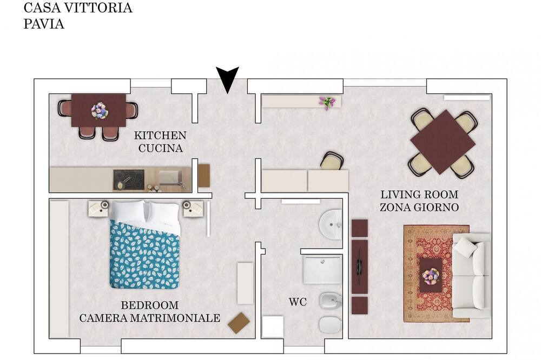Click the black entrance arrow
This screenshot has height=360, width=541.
[x=227, y=78]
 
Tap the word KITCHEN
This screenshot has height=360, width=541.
[x=160, y=135]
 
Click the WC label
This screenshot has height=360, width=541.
[x=298, y=302]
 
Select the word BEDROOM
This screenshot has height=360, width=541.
[x=150, y=305]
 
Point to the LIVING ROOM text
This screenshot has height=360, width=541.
[x=419, y=195]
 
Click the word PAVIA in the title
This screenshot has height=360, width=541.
[x=44, y=24]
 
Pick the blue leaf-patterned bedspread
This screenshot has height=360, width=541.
[x=144, y=255]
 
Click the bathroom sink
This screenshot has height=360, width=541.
[x=331, y=224]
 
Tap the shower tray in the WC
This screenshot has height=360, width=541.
[x=322, y=269]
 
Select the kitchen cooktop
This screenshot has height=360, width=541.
[x=129, y=179]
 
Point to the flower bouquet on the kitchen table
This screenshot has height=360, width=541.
[x=100, y=111]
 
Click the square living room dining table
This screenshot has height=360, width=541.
[x=443, y=142]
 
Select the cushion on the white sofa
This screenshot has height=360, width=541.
[x=466, y=247]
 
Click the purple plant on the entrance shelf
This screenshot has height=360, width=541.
[x=327, y=102]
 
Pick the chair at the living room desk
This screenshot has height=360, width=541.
[x=332, y=161]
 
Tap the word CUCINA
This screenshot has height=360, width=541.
[x=161, y=148]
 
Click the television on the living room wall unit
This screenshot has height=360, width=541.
[x=360, y=266]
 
